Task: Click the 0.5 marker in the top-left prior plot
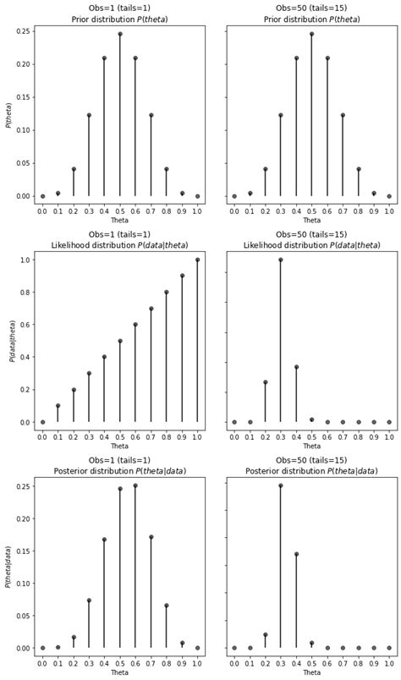pyautogui.click(x=120, y=34)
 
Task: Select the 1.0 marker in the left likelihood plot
pyautogui.click(x=197, y=260)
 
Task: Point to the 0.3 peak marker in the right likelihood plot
pyautogui.click(x=281, y=260)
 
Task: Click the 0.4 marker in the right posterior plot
pyautogui.click(x=296, y=554)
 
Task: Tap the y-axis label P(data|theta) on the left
pyautogui.click(x=9, y=341)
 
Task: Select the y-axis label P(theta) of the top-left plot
pyautogui.click(x=9, y=114)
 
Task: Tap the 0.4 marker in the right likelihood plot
pyautogui.click(x=296, y=367)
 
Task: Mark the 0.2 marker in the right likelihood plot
pyautogui.click(x=265, y=382)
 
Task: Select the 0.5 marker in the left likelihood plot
pyautogui.click(x=120, y=341)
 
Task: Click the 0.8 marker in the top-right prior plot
pyautogui.click(x=358, y=169)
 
